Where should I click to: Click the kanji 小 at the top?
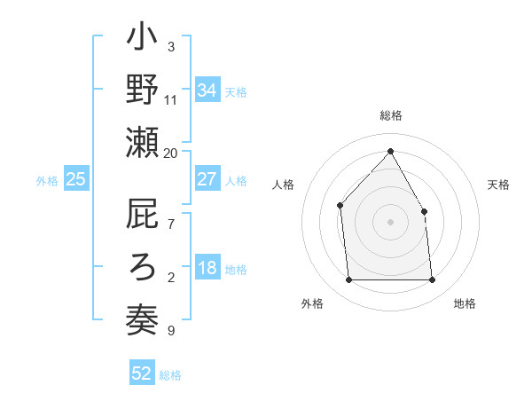pos(142,40)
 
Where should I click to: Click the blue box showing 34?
pos(207,90)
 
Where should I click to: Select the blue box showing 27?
pos(207,179)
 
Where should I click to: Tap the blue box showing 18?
pos(207,269)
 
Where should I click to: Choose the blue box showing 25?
pos(75,179)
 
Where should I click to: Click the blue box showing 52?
pos(142,374)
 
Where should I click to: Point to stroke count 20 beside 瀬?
pos(171,153)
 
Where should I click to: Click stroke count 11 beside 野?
pos(171,100)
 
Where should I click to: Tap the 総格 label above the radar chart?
pos(390,116)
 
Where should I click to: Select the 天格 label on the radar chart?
pos(498,185)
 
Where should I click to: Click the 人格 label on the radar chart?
pos(284,185)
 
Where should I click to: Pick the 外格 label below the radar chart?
pos(312,303)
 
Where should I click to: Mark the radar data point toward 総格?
pos(390,151)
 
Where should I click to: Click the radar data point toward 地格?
pos(432,280)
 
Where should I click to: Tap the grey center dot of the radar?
pos(390,222)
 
